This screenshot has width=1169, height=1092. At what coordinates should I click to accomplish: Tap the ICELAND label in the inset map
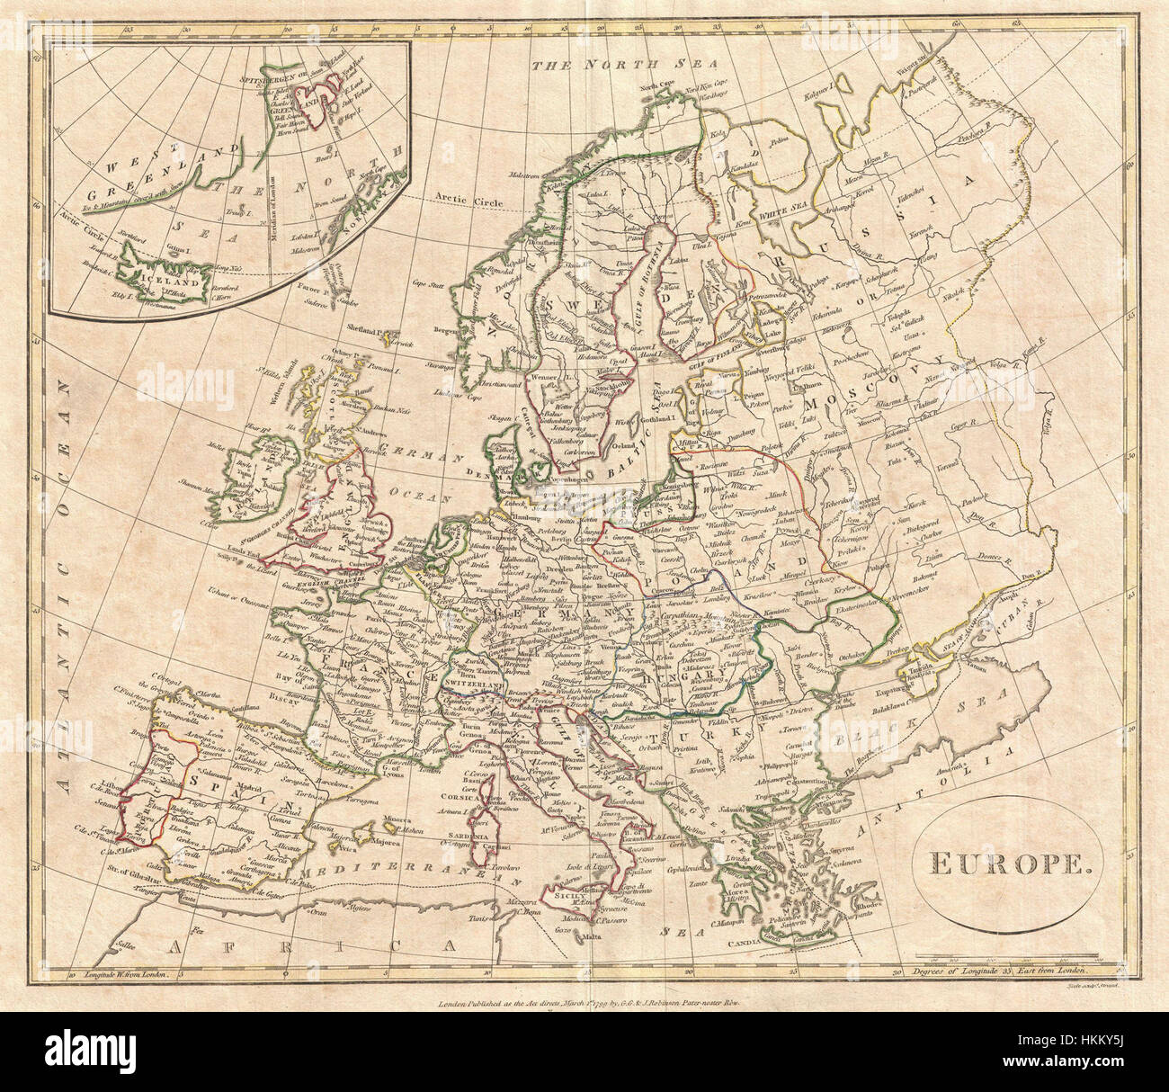coord(184,278)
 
